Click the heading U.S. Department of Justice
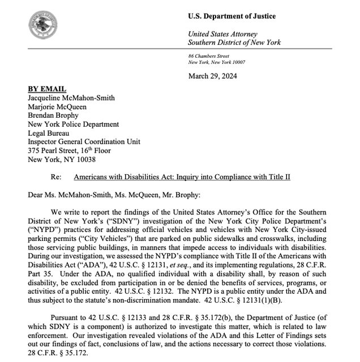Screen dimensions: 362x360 coord(232,15)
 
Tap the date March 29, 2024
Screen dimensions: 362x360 coord(212,76)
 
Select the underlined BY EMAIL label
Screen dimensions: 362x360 coord(47,89)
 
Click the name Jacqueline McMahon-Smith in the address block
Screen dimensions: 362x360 coord(71,98)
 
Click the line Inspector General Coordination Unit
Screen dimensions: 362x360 coord(84,142)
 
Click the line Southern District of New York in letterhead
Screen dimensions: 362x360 coord(234,42)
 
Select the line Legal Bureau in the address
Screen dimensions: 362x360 coord(49,133)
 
